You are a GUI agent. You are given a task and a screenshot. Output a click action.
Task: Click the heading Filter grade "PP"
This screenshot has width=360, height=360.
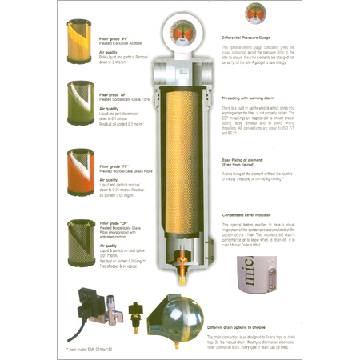[116, 38]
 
